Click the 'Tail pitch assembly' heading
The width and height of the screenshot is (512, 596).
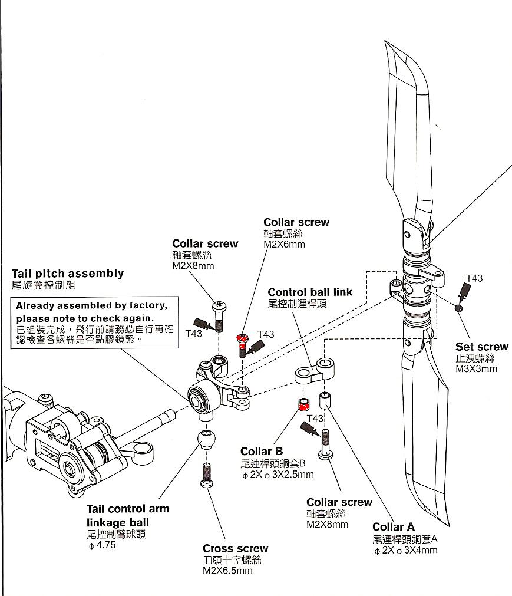(68, 274)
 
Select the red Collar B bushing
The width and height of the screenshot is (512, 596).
(304, 404)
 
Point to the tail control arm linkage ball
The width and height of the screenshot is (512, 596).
(206, 439)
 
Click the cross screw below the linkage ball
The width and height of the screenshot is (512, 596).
(206, 475)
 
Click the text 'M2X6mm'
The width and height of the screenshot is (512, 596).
(285, 244)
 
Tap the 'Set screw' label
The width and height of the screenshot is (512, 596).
(481, 347)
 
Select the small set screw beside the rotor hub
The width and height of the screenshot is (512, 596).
(459, 308)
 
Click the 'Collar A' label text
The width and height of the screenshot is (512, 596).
(394, 527)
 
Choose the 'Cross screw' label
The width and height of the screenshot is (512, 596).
(235, 549)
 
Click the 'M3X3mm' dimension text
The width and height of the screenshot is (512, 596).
(476, 369)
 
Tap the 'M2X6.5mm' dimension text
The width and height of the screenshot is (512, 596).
(227, 571)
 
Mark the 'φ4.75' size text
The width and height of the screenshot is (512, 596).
(102, 545)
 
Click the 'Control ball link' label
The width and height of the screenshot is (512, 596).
(310, 292)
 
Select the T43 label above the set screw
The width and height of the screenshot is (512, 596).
(474, 278)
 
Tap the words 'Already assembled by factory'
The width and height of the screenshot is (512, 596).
(91, 306)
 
